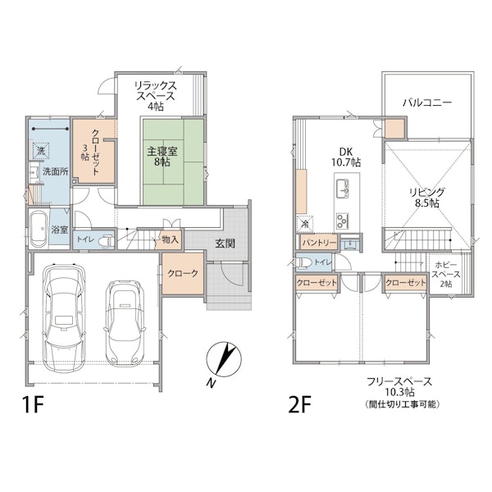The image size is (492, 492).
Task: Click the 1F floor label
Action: tap(33, 404)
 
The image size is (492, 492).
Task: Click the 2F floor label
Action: tap(299, 404)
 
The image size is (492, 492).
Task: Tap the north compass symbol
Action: tap(223, 360)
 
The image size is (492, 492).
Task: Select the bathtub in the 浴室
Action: tap(39, 228)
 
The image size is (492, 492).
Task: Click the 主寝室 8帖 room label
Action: tap(162, 157)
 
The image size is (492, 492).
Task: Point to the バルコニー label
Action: tap(427, 102)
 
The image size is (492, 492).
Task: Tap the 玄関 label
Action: tap(225, 244)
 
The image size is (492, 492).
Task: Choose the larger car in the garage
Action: tap(65, 317)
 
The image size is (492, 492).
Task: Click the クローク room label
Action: tap(183, 273)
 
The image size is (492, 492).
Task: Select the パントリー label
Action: tap(319, 243)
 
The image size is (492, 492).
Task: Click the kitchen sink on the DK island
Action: tap(344, 189)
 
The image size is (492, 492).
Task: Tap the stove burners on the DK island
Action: tap(343, 221)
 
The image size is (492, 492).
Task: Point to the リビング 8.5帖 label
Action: tap(427, 198)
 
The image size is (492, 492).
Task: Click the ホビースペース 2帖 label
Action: tap(446, 274)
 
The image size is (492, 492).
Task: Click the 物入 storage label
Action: tap(171, 240)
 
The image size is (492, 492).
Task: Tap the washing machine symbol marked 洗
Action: tap(41, 151)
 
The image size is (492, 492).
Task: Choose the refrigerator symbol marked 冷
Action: tap(304, 224)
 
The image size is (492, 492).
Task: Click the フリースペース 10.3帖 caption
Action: tap(399, 387)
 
